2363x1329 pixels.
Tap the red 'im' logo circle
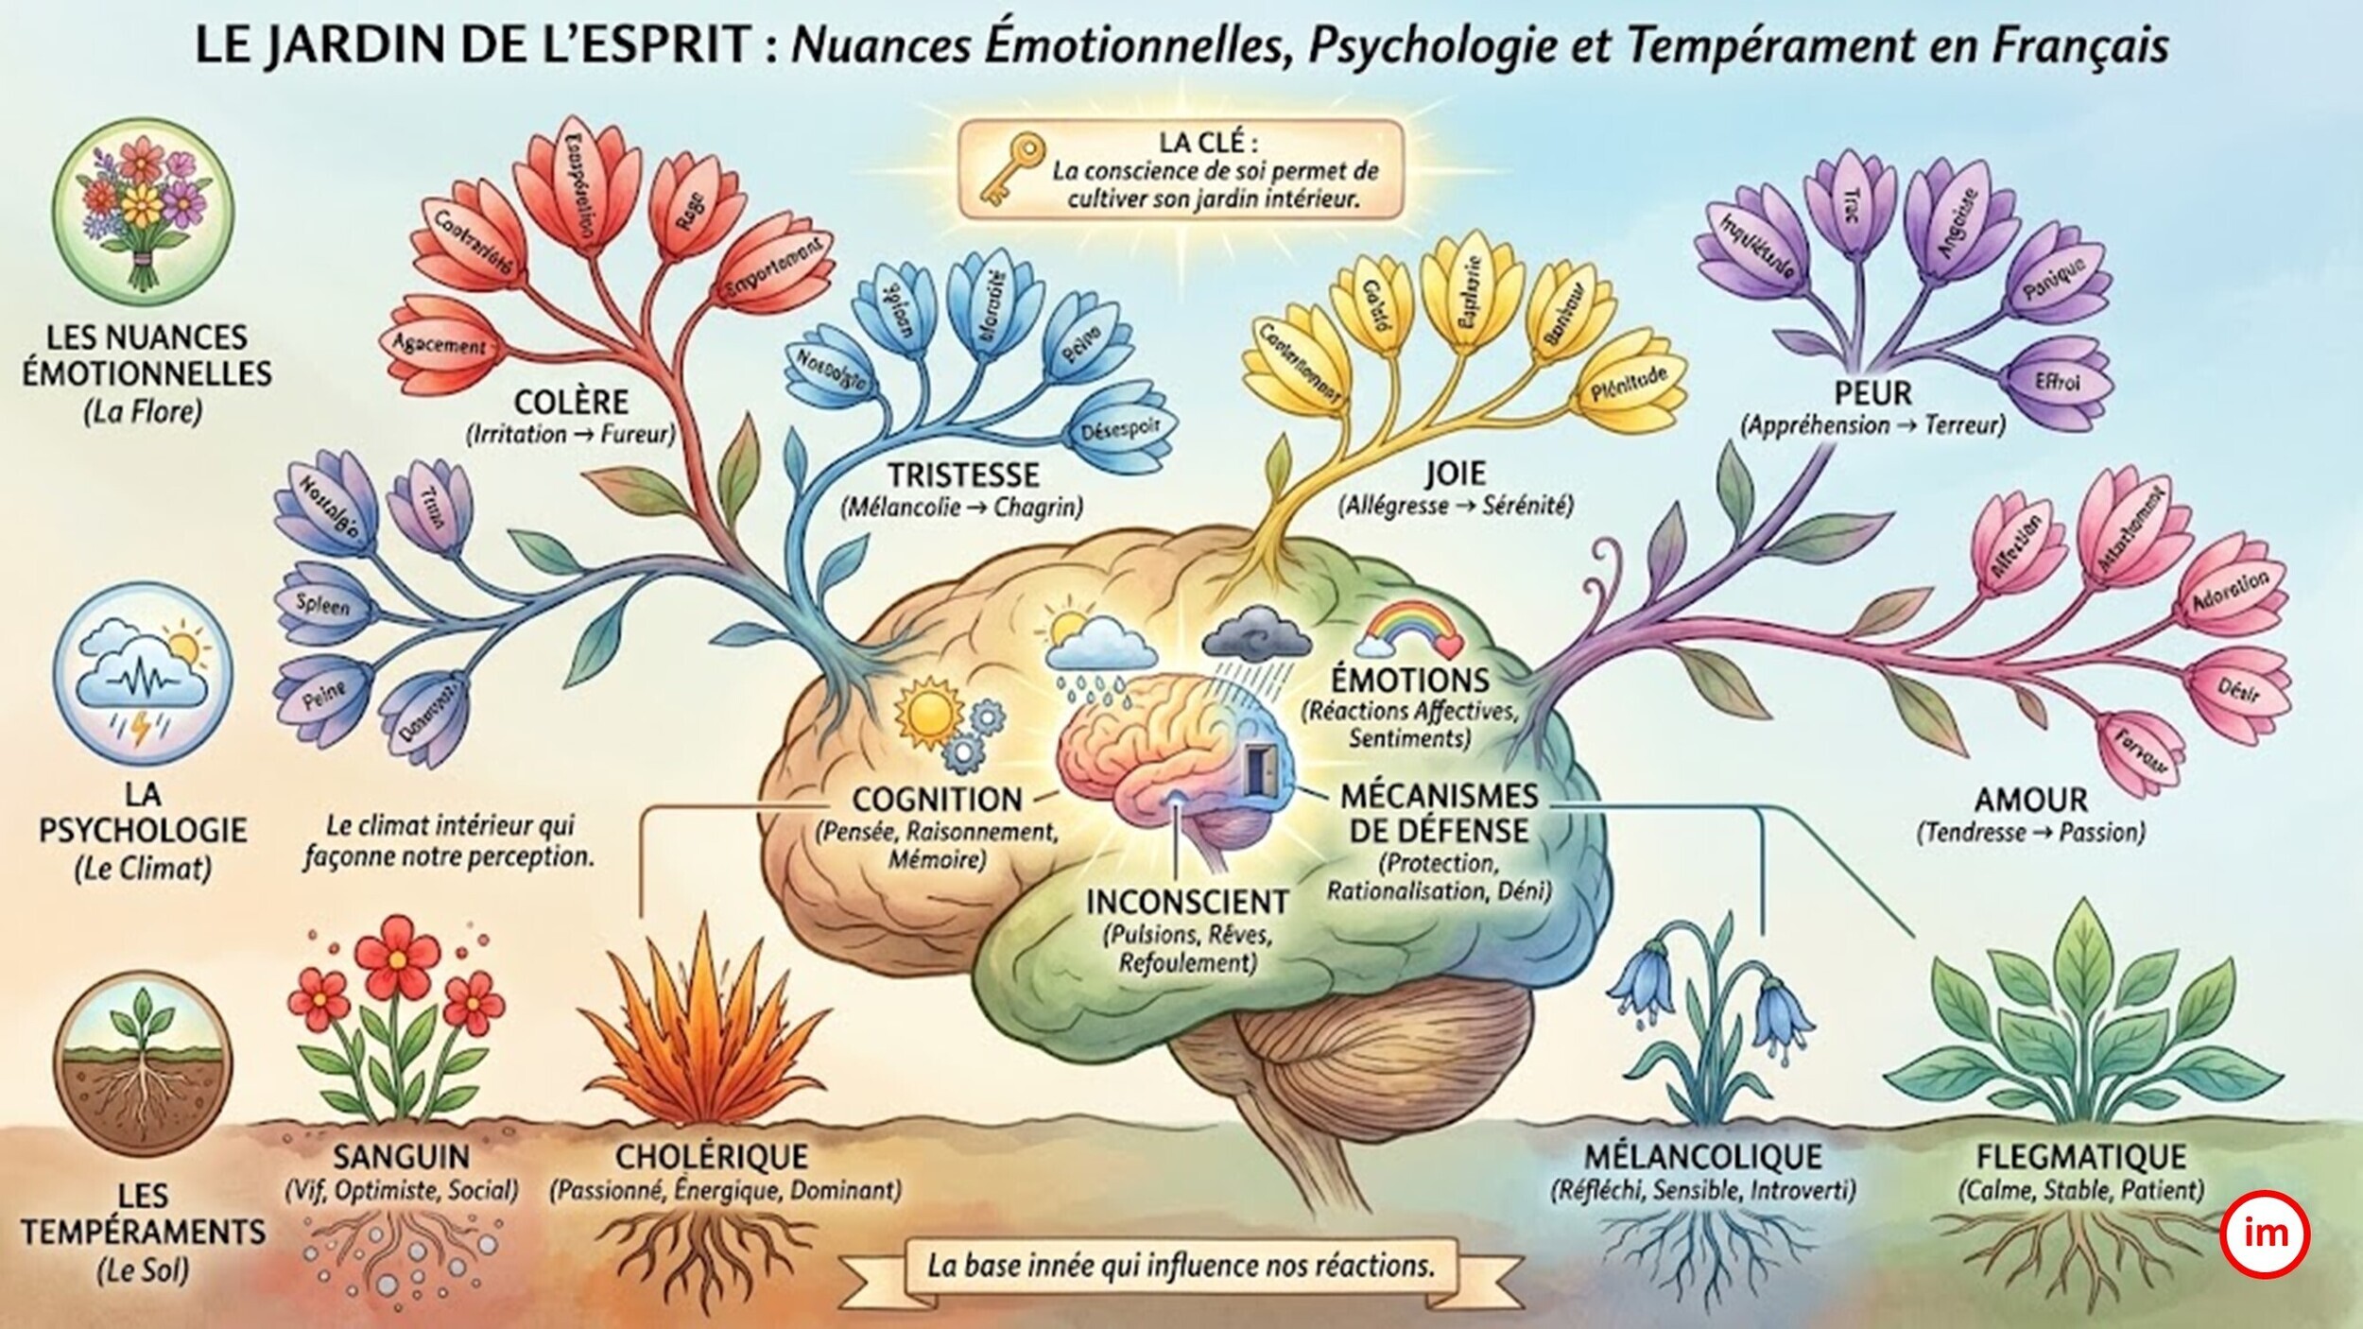click(x=2276, y=1234)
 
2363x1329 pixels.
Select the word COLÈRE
click(x=573, y=402)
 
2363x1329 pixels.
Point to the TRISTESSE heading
click(x=962, y=475)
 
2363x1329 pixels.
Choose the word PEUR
click(x=1871, y=392)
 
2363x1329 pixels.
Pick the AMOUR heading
click(x=2030, y=801)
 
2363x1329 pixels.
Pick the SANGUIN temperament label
click(x=401, y=1156)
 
